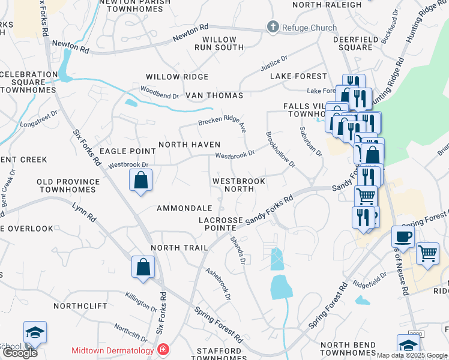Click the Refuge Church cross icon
(273, 26)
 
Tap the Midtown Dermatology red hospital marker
(162, 349)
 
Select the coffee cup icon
(403, 236)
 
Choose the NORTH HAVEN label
(189, 145)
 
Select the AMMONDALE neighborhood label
(181, 208)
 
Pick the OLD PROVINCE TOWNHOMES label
(67, 185)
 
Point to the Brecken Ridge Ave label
(223, 122)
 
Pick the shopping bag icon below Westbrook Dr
(140, 180)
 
